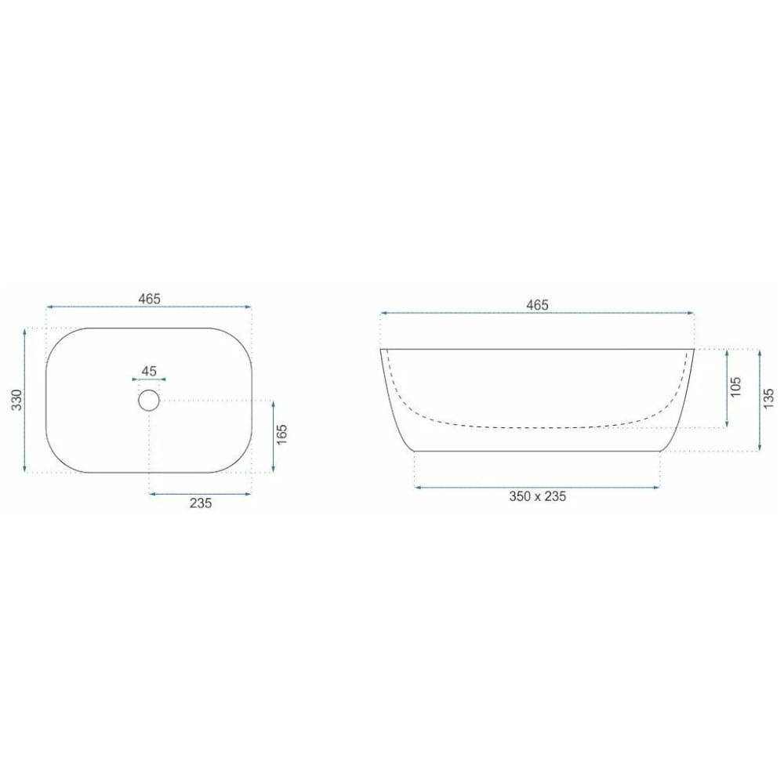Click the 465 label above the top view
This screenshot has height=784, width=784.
(x=150, y=299)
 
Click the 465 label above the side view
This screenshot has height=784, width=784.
(x=538, y=305)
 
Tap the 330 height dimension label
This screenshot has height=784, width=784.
(x=17, y=400)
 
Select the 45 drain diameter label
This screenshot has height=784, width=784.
(x=149, y=371)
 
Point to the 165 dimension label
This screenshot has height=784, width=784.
(x=282, y=435)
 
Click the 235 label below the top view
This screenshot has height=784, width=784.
(x=201, y=503)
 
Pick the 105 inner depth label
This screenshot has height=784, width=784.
(x=735, y=387)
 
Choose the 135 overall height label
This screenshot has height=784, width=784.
(x=768, y=398)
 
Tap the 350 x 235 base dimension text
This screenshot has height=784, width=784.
(x=538, y=496)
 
